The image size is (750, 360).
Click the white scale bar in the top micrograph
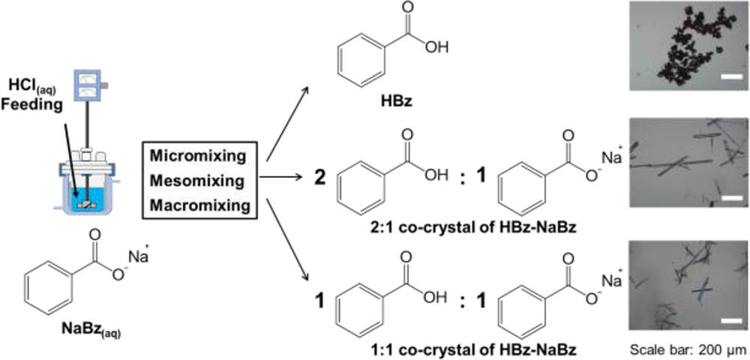tap(731, 76)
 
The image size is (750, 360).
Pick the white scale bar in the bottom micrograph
tap(730, 319)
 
